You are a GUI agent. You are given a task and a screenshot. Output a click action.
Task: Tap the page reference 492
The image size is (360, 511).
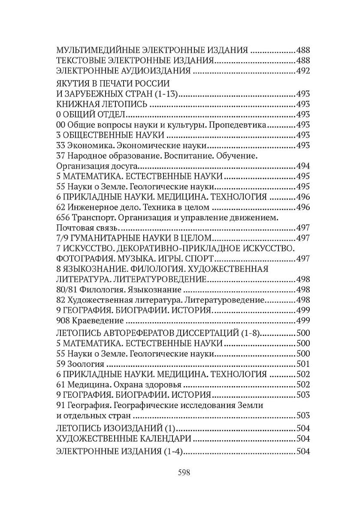[303, 71]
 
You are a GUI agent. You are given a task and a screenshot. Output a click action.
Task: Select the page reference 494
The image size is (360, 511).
[303, 166]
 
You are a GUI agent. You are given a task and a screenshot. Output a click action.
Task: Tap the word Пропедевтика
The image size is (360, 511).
[243, 125]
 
